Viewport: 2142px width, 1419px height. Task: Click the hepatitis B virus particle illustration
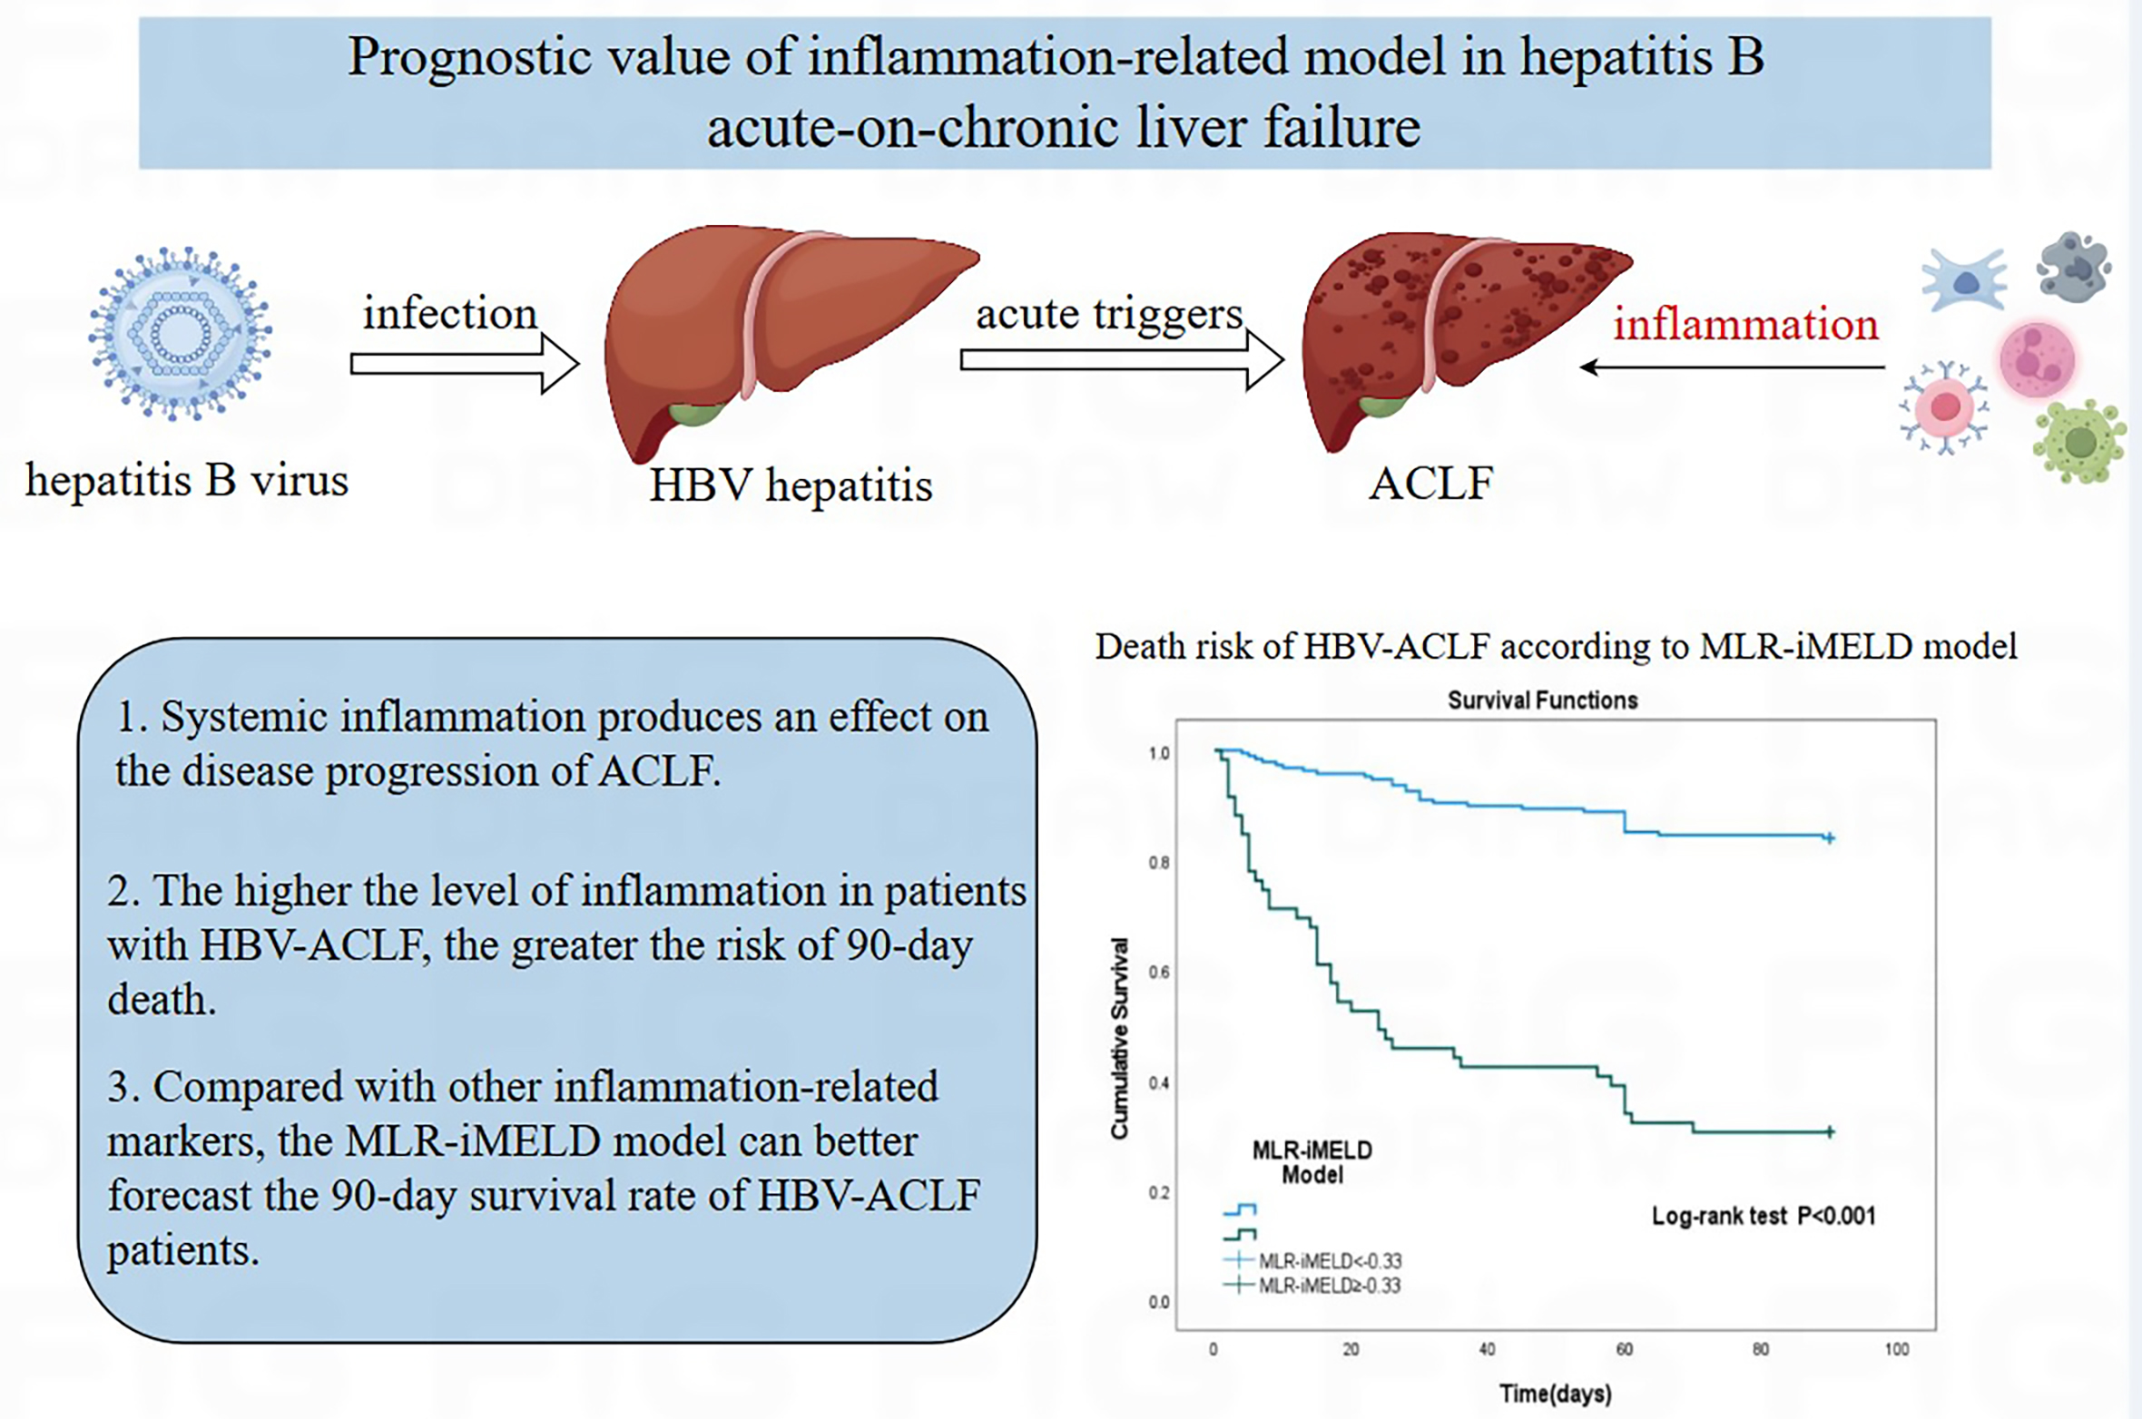click(180, 333)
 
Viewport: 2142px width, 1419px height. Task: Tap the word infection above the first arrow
click(450, 313)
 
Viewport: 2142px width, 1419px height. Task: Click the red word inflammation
click(1744, 324)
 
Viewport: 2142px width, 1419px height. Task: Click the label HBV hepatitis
click(791, 484)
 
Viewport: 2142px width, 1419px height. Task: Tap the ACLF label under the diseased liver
click(1430, 483)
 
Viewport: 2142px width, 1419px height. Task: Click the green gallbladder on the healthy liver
click(696, 416)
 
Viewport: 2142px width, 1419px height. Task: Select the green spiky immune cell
click(2079, 442)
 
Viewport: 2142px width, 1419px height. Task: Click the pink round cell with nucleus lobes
click(2038, 359)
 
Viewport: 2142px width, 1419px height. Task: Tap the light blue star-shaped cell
click(1964, 280)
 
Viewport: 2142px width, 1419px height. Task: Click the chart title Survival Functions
click(1542, 700)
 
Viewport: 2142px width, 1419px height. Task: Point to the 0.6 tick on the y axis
click(1159, 973)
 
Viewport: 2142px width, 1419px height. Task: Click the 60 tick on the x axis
click(1624, 1349)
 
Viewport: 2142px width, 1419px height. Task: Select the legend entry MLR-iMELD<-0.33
click(1329, 1260)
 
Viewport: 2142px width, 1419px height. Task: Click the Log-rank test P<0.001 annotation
click(1763, 1216)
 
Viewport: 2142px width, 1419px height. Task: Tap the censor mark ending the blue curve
click(1830, 838)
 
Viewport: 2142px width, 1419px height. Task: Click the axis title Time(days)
click(1555, 1393)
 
